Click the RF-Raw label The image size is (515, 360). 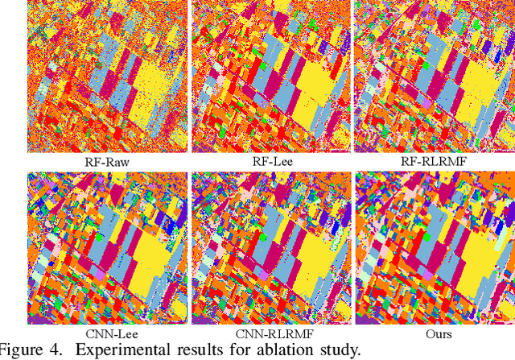107,161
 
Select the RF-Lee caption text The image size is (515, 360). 270,161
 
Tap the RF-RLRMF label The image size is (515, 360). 434,161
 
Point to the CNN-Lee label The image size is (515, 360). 107,333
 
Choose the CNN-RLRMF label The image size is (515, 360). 270,333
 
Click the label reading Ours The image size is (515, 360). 434,333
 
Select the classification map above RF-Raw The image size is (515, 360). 107,77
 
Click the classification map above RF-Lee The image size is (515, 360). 270,77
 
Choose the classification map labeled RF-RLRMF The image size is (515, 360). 434,77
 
